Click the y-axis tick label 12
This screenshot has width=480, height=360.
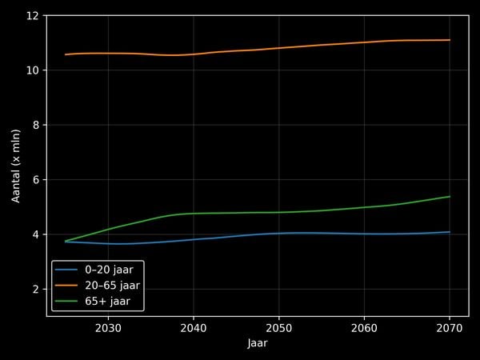pyautogui.click(x=33, y=16)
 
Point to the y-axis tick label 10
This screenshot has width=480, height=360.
pyautogui.click(x=33, y=70)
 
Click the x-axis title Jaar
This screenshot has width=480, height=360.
pyautogui.click(x=258, y=342)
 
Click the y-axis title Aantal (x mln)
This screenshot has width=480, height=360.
pyautogui.click(x=16, y=166)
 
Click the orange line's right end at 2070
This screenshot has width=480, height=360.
pyautogui.click(x=450, y=40)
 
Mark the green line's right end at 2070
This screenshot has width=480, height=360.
pyautogui.click(x=450, y=197)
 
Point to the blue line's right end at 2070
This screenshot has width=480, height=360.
pyautogui.click(x=450, y=232)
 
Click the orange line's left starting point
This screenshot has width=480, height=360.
pyautogui.click(x=66, y=54)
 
